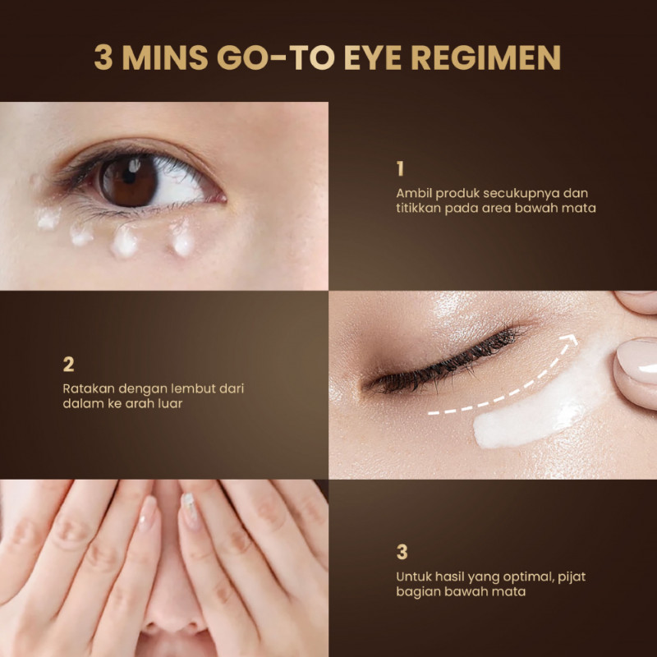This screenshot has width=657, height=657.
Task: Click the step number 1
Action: coord(400,168)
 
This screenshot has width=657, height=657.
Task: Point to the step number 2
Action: coord(68,364)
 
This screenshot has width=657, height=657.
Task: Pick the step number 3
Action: coord(402,552)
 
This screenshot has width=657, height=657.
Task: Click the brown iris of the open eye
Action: coord(128,181)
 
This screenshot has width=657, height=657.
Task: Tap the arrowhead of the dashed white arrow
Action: coord(570,339)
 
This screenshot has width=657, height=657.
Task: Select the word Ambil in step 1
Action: coord(414,193)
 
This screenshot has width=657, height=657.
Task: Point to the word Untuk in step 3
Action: coord(414,577)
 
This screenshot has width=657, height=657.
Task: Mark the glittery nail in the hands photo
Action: coord(188,507)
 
